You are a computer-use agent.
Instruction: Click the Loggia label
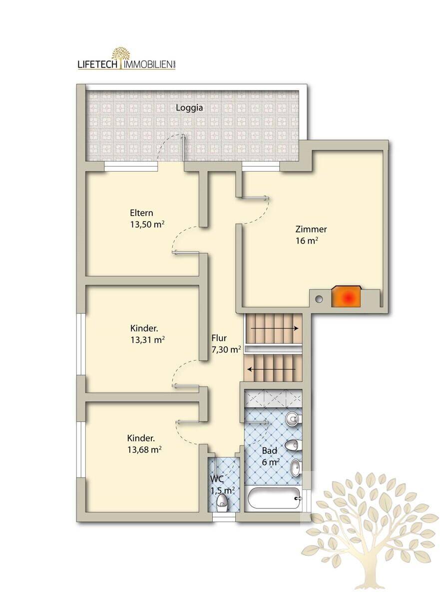(189, 107)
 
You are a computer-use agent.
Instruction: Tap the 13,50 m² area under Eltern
(147, 224)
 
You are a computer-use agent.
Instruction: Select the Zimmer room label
(311, 229)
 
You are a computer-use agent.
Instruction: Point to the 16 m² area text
(307, 241)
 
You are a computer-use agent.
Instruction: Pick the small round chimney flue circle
(319, 299)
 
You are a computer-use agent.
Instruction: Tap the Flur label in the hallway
(219, 338)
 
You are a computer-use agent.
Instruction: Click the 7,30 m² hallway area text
(226, 349)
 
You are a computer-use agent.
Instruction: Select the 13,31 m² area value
(147, 340)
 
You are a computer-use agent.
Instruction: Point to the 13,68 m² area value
(144, 449)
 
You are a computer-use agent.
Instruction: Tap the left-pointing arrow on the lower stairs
(272, 369)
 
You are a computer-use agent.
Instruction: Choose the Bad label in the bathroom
(270, 451)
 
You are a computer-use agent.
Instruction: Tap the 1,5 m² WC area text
(223, 490)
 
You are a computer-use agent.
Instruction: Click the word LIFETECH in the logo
(97, 64)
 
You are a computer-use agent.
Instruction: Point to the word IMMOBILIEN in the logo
(147, 65)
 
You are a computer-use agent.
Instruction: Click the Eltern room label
(141, 212)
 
